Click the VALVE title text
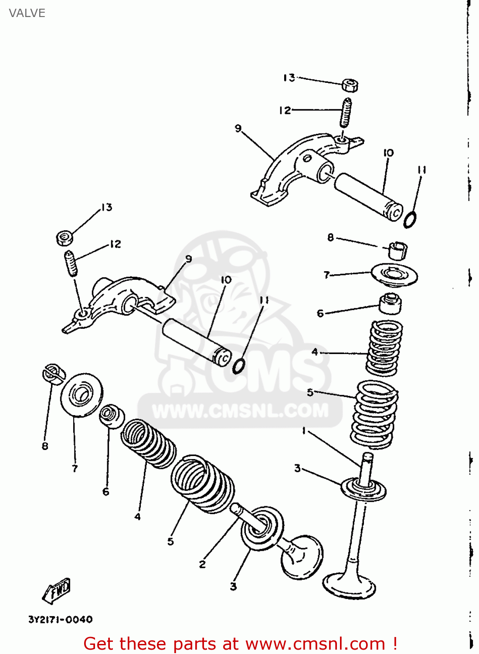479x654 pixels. tap(27, 13)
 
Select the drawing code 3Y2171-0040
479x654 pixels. tap(60, 620)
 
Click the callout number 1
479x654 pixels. tap(304, 431)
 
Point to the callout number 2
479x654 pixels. tap(202, 564)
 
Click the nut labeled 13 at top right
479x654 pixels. tap(350, 85)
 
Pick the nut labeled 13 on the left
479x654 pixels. tap(65, 238)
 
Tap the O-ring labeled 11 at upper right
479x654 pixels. tap(410, 220)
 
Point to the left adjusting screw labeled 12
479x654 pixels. tap(71, 263)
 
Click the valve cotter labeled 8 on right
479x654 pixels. tap(397, 250)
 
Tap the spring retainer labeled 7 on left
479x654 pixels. tap(81, 395)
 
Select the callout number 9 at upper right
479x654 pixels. tap(238, 128)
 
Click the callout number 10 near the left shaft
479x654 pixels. tap(226, 280)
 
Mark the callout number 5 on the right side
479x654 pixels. tap(310, 392)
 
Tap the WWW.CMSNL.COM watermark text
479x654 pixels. tap(240, 411)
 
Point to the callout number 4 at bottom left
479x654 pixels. tap(138, 517)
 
